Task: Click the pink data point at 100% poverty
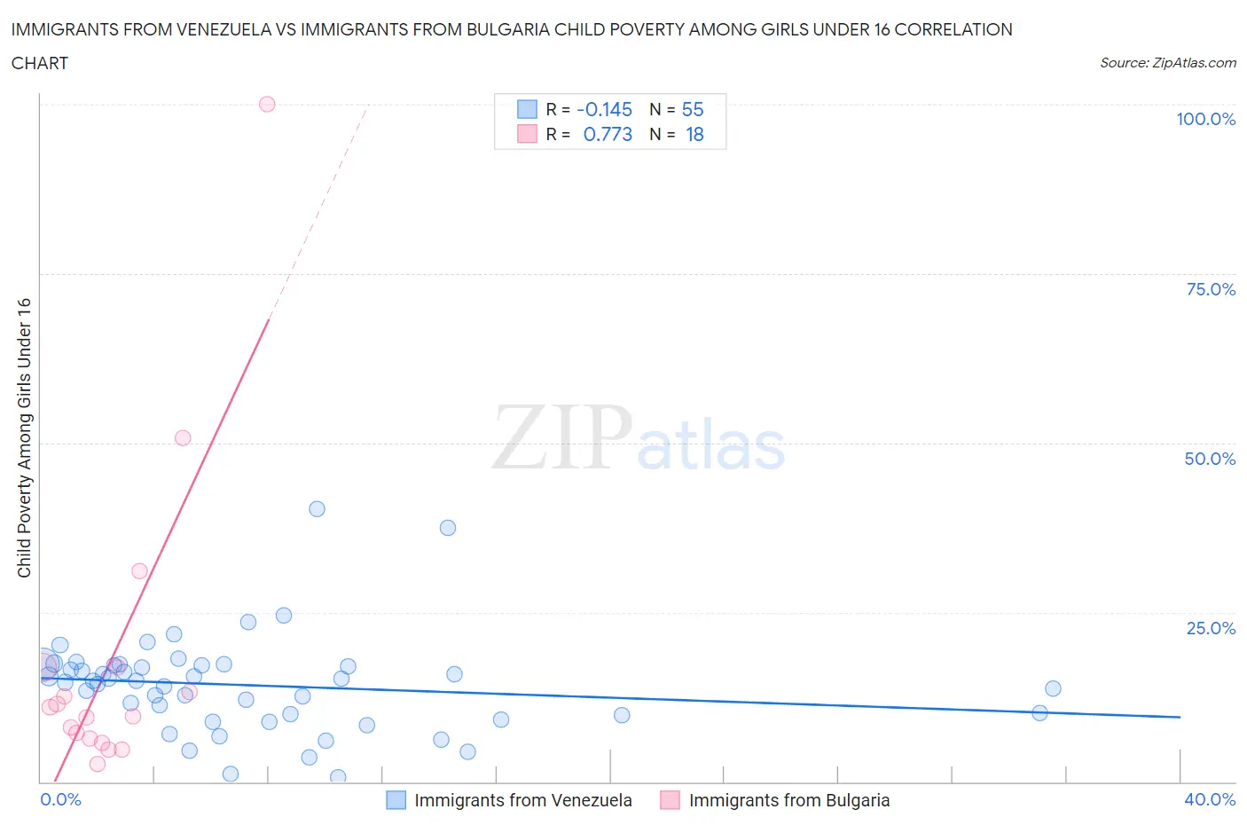coord(267,104)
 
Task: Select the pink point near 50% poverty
coord(183,437)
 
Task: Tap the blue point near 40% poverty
coord(317,509)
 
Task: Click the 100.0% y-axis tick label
coord(1205,119)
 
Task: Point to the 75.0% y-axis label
coord(1211,289)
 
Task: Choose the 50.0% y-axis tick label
coord(1210,459)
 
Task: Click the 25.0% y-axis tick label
coord(1211,628)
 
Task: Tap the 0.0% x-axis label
coord(60,799)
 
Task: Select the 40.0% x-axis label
coord(1210,799)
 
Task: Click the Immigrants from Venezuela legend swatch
coord(396,800)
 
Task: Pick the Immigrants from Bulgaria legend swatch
coord(671,800)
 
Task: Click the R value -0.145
coord(604,109)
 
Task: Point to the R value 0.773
coord(608,134)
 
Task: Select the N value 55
coord(693,109)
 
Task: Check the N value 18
coord(694,134)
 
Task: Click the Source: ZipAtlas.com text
coord(1167,62)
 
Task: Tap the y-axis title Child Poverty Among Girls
coord(24,437)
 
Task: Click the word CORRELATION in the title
coord(953,29)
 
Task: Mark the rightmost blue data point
coord(1053,688)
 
